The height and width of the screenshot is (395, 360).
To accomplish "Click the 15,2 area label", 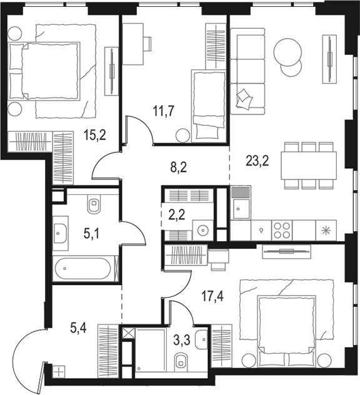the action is click(x=95, y=136).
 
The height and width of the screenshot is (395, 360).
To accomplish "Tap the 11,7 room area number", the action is click(x=164, y=111).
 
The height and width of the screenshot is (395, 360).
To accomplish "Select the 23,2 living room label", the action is click(x=257, y=161).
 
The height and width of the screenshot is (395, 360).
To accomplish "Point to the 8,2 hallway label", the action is click(x=179, y=167).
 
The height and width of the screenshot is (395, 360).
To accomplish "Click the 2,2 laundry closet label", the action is click(x=177, y=215).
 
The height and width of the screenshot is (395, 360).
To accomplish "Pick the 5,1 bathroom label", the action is click(x=91, y=234).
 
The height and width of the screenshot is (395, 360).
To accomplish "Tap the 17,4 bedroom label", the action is click(x=212, y=296).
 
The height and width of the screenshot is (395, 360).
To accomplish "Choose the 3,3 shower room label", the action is click(x=182, y=340).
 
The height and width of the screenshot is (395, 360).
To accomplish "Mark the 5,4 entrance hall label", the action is click(x=78, y=328).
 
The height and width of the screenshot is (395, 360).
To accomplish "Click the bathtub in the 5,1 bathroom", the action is click(x=83, y=268).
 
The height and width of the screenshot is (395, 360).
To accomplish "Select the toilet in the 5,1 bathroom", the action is click(x=94, y=203).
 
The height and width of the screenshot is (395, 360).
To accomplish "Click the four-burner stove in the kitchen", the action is click(x=282, y=230).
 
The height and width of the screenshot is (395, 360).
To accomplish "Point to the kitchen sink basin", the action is click(x=241, y=209).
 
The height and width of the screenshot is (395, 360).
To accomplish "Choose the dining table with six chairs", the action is click(x=309, y=165).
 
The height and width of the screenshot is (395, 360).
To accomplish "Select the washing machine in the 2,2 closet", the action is click(x=202, y=230).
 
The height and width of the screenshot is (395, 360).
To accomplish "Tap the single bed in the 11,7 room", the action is click(x=208, y=106).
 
